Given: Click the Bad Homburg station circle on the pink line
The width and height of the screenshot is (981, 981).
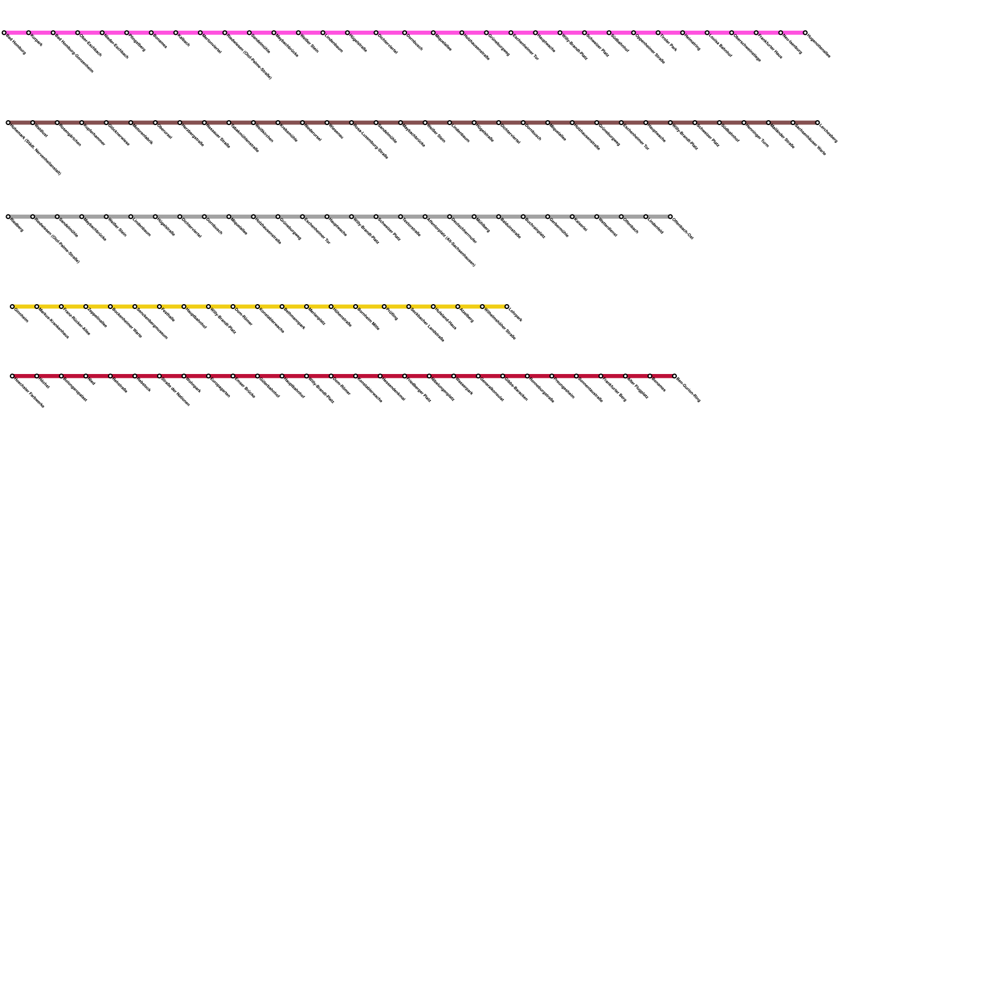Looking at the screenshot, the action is [4, 32].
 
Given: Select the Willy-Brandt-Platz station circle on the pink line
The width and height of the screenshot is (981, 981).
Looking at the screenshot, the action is [560, 32].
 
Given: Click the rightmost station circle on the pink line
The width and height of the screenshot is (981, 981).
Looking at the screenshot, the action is [805, 32].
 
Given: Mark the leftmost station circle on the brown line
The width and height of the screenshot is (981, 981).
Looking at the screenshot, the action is [8, 123].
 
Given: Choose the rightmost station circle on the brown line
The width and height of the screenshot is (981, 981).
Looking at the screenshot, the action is [817, 123].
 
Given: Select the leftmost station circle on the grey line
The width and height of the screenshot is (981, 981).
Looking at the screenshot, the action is [8, 216].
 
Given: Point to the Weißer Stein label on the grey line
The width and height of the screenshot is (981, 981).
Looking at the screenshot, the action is [118, 227].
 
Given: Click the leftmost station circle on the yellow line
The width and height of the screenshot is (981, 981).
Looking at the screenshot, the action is [12, 306].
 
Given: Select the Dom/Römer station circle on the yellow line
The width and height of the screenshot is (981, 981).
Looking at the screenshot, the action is [233, 306].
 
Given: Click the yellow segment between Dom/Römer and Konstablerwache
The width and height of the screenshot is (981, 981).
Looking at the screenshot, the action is [245, 306].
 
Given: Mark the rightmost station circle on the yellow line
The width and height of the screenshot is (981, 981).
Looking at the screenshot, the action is [507, 306].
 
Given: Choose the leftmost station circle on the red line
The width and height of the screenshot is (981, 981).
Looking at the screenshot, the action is [12, 376].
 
